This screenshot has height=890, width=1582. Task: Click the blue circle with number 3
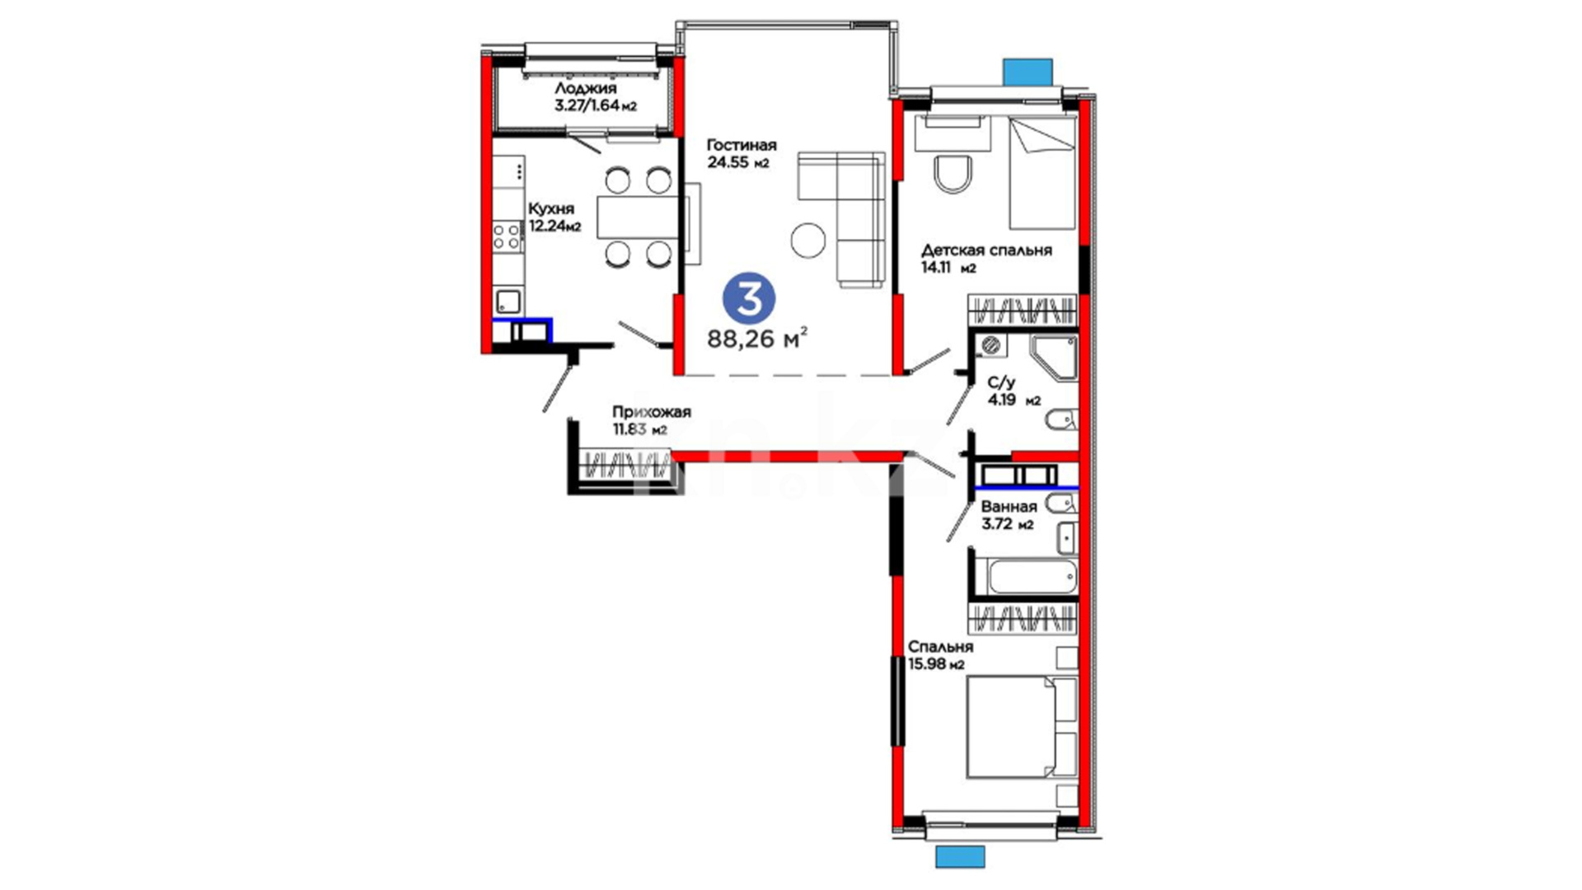pos(749,300)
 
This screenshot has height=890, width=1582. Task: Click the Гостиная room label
pos(742,146)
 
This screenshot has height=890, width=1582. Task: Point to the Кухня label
pos(551,209)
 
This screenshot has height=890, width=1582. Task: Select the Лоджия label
pos(585,88)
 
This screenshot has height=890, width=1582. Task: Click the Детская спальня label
pos(986,251)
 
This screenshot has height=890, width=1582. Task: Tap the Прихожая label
pos(651,412)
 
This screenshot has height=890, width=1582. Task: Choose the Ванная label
pos(1009,507)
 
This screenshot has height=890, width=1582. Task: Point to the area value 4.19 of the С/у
pos(1002,400)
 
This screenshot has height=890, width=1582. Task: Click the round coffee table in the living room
pos(808,240)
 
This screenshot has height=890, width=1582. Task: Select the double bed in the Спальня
pos(1022,727)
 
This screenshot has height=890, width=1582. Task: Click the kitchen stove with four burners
pos(507,237)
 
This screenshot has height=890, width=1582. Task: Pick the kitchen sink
pos(508,302)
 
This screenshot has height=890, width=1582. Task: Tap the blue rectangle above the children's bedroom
pos(1027,71)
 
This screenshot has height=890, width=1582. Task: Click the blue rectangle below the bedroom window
pos(960,856)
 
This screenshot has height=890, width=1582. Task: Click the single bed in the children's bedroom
pos(1043,173)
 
